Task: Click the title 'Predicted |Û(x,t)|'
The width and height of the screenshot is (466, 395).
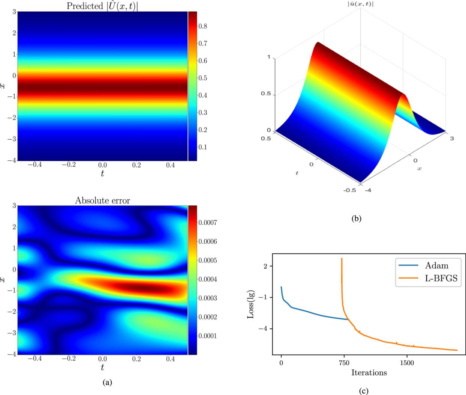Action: pyautogui.click(x=102, y=6)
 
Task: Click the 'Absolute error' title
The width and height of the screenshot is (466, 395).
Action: pyautogui.click(x=102, y=201)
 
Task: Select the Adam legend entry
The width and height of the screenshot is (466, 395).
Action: pyautogui.click(x=436, y=266)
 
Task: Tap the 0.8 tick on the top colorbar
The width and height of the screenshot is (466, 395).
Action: pyautogui.click(x=203, y=26)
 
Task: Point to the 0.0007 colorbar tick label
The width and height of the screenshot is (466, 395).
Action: pyautogui.click(x=208, y=223)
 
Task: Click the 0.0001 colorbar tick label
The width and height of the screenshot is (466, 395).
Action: pyautogui.click(x=208, y=336)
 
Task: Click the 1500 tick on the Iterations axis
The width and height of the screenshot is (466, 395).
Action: pyautogui.click(x=407, y=363)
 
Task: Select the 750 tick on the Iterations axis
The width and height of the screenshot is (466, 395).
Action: pyautogui.click(x=344, y=363)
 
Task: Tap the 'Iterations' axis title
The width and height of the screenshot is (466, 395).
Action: pyautogui.click(x=369, y=372)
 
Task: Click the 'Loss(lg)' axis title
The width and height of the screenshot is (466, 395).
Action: pyautogui.click(x=251, y=305)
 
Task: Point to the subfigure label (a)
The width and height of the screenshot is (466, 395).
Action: pyautogui.click(x=107, y=382)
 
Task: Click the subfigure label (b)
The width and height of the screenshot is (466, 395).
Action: pyautogui.click(x=356, y=218)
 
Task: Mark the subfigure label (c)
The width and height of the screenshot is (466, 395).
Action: pyautogui.click(x=363, y=391)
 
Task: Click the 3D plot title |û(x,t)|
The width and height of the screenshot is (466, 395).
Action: pyautogui.click(x=361, y=4)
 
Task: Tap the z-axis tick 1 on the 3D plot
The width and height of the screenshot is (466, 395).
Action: pyautogui.click(x=269, y=57)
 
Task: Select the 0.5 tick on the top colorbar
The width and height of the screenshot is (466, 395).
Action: pyautogui.click(x=203, y=78)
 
